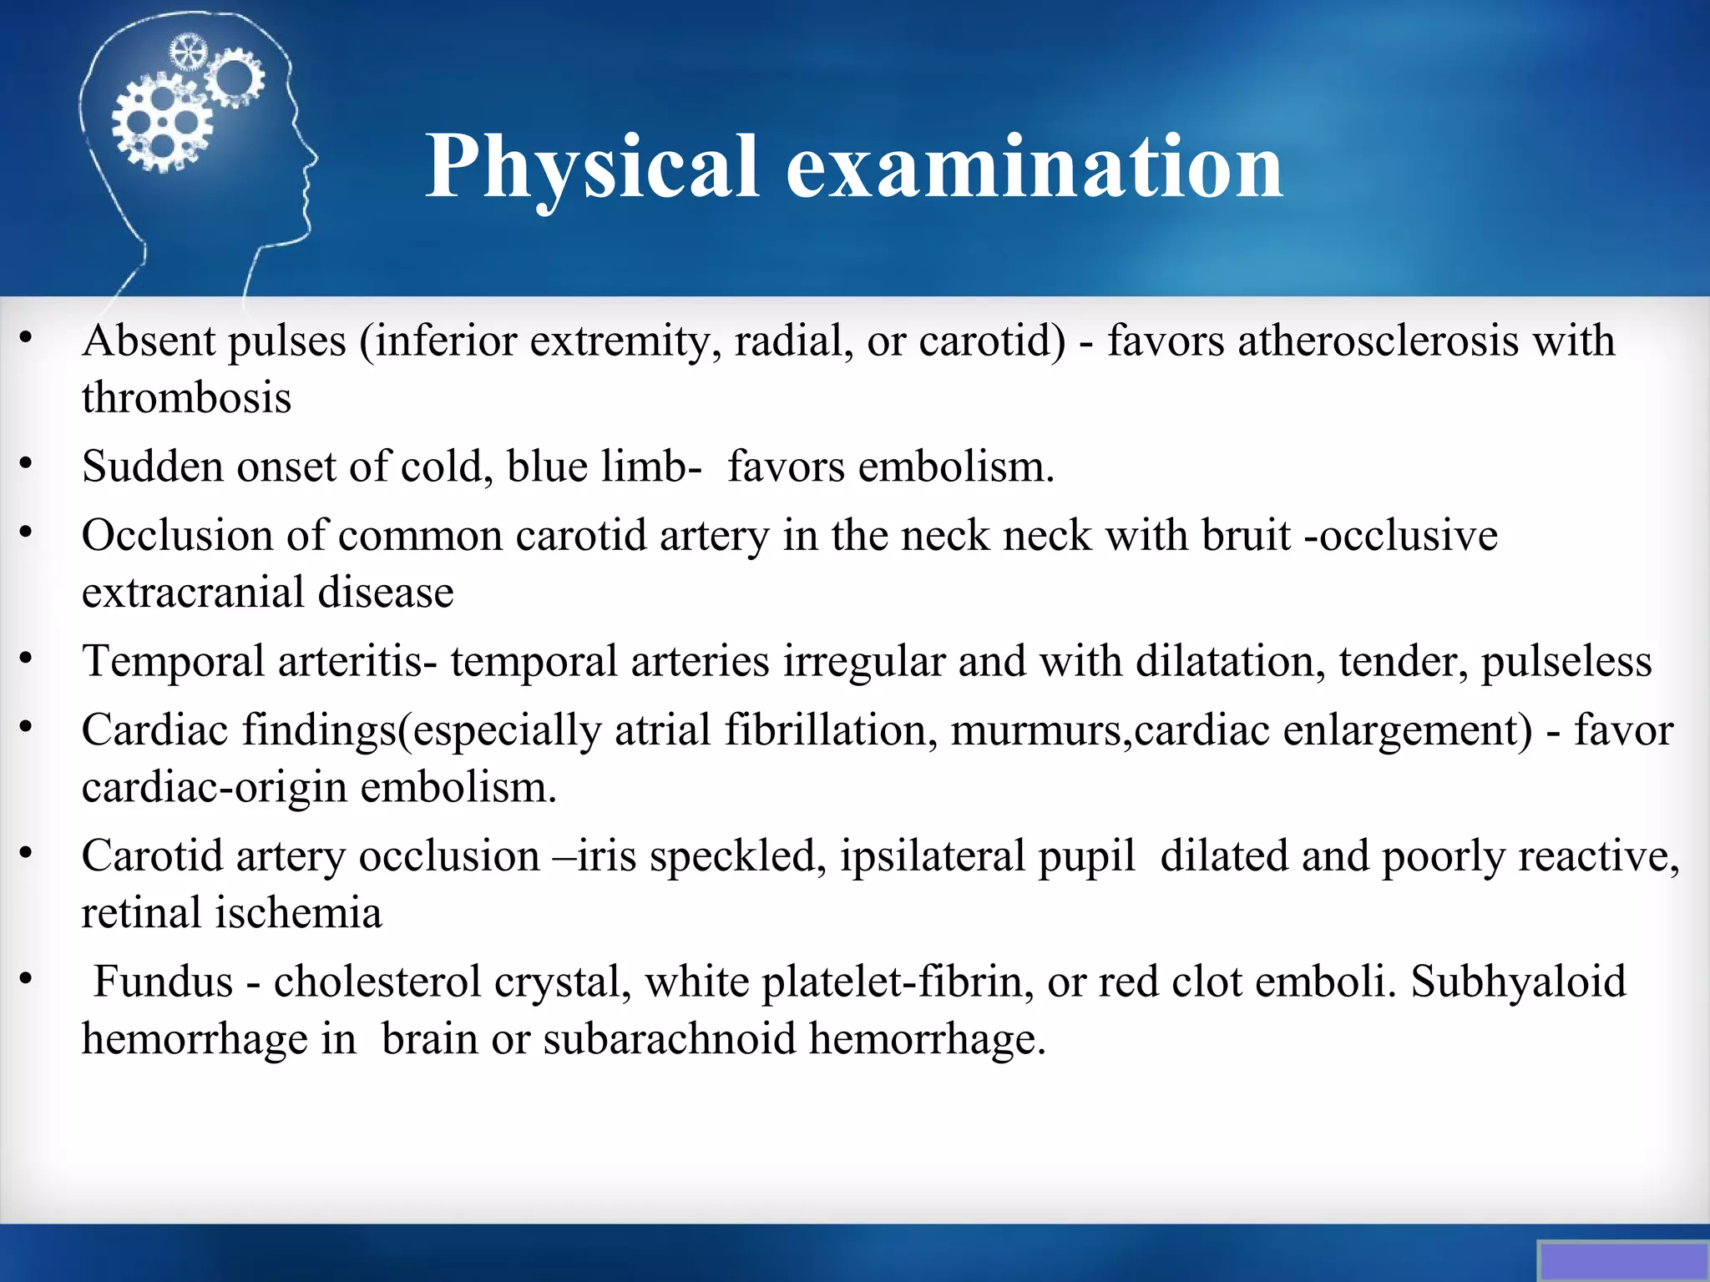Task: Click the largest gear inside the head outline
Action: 163,124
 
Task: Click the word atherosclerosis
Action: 1378,341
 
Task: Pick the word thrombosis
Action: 187,398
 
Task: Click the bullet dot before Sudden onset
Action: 27,463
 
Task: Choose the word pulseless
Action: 1566,662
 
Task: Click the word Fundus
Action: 163,982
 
